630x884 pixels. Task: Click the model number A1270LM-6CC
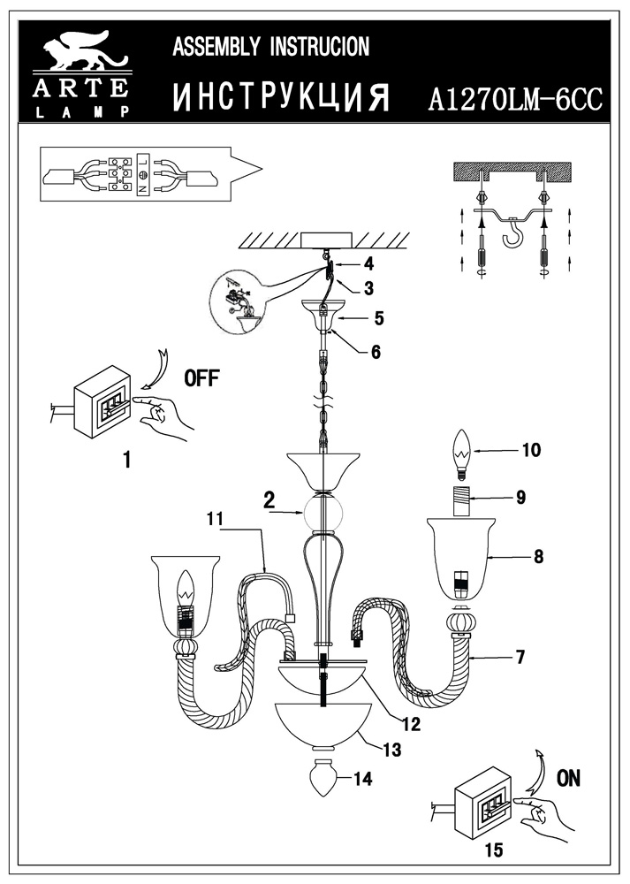pos(514,98)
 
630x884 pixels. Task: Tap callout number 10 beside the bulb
pos(530,450)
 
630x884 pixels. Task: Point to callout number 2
pos(268,499)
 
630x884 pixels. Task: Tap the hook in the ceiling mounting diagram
pos(512,238)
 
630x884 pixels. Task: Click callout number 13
pos(392,750)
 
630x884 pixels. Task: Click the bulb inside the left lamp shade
pos(186,590)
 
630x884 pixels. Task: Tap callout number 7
pos(520,657)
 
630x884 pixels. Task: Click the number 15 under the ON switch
pos(494,850)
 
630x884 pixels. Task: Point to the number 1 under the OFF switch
pos(127,459)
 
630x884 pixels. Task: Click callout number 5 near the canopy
pos(378,316)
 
